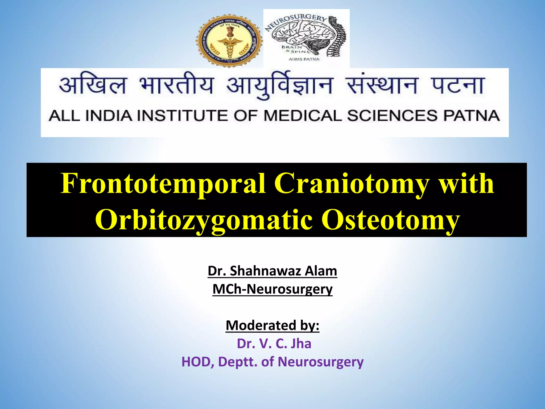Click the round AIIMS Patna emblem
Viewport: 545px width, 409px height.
tap(229, 41)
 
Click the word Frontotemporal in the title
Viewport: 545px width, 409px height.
tap(163, 183)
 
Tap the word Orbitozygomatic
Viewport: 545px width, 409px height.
tap(204, 220)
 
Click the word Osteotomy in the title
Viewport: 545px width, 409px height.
tap(390, 220)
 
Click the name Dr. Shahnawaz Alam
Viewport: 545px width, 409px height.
tap(272, 271)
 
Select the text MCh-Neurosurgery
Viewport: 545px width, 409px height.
tap(272, 289)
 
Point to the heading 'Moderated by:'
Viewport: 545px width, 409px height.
tap(272, 325)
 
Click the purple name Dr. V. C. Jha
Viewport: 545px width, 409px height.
tap(274, 343)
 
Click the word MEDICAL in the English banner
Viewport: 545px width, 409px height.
tap(303, 116)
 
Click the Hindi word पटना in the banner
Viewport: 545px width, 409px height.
tap(457, 85)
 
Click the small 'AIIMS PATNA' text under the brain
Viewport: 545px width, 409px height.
tap(304, 59)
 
